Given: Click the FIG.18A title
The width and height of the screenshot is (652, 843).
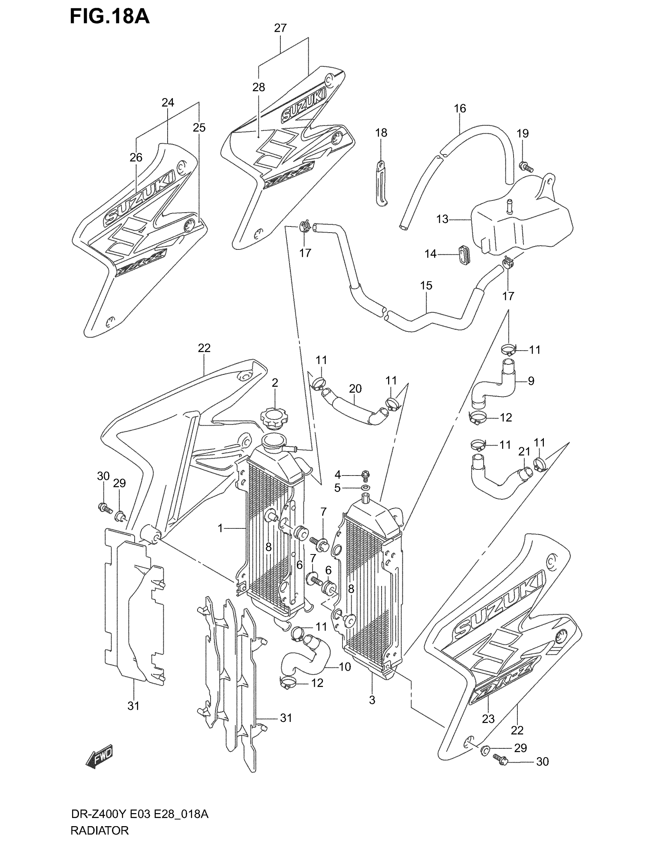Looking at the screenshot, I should [109, 17].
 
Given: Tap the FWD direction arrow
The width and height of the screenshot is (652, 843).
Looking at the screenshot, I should [99, 754].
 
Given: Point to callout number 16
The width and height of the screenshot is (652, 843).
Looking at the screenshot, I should [459, 108].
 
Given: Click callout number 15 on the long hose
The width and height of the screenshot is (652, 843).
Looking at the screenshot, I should [426, 285].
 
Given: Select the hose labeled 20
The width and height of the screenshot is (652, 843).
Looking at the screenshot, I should [354, 408].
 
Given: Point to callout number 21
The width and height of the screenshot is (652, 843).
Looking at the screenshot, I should [524, 451].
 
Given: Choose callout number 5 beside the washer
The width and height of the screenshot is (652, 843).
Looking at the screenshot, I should [337, 488].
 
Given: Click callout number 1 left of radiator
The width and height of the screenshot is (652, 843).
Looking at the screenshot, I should [220, 528].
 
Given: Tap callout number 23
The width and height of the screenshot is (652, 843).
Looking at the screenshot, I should [488, 719].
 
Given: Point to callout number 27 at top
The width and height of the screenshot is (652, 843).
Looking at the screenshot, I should [280, 28].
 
